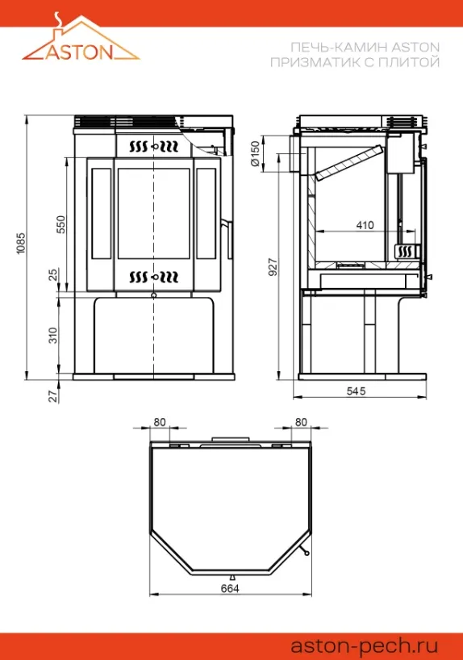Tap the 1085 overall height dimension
point(21,244)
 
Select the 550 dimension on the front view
point(61,225)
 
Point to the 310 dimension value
point(52,336)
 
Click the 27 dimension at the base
point(52,396)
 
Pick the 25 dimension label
point(52,275)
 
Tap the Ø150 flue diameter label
point(255,154)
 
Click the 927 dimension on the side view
point(273,267)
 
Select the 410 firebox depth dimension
point(365,225)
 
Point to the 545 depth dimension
point(356,391)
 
